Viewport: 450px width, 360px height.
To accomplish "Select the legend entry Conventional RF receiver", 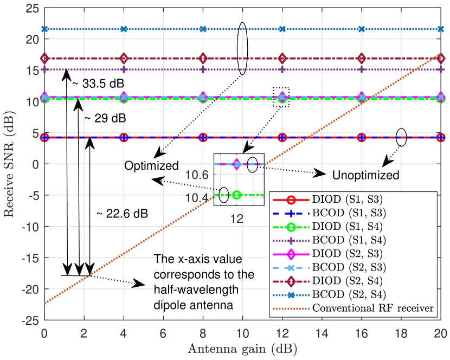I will pyautogui.click(x=373, y=308).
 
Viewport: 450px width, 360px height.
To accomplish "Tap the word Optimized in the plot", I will pyautogui.click(x=151, y=165).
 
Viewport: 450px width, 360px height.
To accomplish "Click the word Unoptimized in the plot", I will pyautogui.click(x=366, y=175).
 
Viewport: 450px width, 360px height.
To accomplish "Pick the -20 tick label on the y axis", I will pyautogui.click(x=30, y=289).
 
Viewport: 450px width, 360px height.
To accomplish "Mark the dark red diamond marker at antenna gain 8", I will pyautogui.click(x=203, y=59).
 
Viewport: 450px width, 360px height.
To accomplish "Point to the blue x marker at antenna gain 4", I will pyautogui.click(x=124, y=29).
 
